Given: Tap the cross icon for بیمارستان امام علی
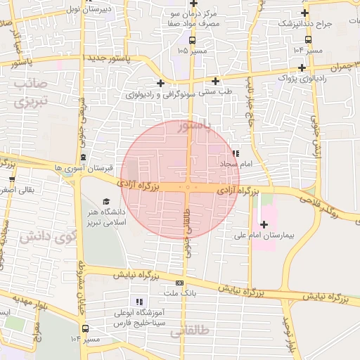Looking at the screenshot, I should click(264, 224).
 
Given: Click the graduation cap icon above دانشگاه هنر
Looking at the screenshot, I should click(106, 201).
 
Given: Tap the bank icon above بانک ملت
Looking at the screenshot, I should click(179, 282).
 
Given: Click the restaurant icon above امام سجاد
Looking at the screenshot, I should click(236, 153).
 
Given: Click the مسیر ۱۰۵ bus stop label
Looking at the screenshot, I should click(192, 51).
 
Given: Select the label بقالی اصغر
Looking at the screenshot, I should click(20, 189).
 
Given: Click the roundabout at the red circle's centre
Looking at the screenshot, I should click(188, 187).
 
